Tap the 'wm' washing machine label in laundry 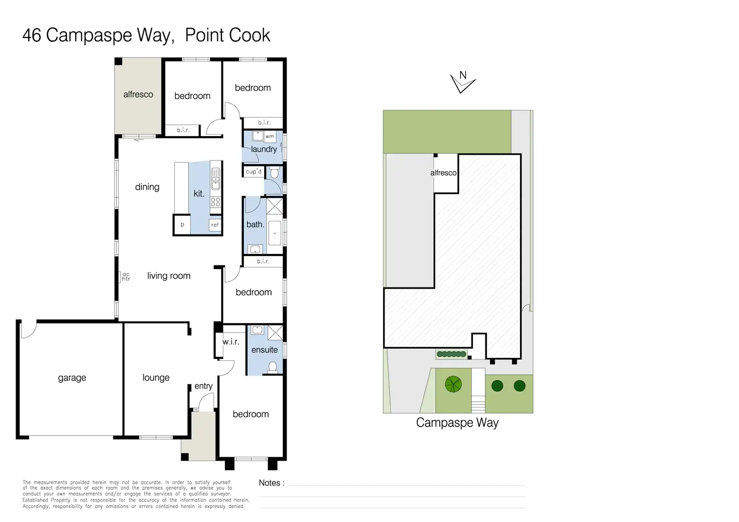pyautogui.click(x=270, y=136)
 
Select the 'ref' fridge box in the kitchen pyautogui.click(x=215, y=225)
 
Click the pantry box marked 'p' pyautogui.click(x=182, y=225)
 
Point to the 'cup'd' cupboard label pyautogui.click(x=254, y=172)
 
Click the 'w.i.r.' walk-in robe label pyautogui.click(x=230, y=342)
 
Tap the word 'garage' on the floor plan pyautogui.click(x=72, y=378)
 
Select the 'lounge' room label pyautogui.click(x=156, y=378)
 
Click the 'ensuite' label pyautogui.click(x=265, y=350)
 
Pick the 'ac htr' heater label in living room pyautogui.click(x=126, y=277)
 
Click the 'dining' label pyautogui.click(x=147, y=187)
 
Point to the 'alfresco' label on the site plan pyautogui.click(x=443, y=173)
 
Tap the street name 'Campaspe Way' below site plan pyautogui.click(x=457, y=423)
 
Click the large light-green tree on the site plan pyautogui.click(x=453, y=384)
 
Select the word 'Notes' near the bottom pyautogui.click(x=270, y=483)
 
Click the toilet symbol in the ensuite pyautogui.click(x=273, y=367)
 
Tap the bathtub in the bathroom pyautogui.click(x=275, y=233)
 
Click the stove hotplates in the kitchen pyautogui.click(x=215, y=202)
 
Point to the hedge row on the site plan pyautogui.click(x=452, y=354)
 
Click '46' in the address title pyautogui.click(x=32, y=36)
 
